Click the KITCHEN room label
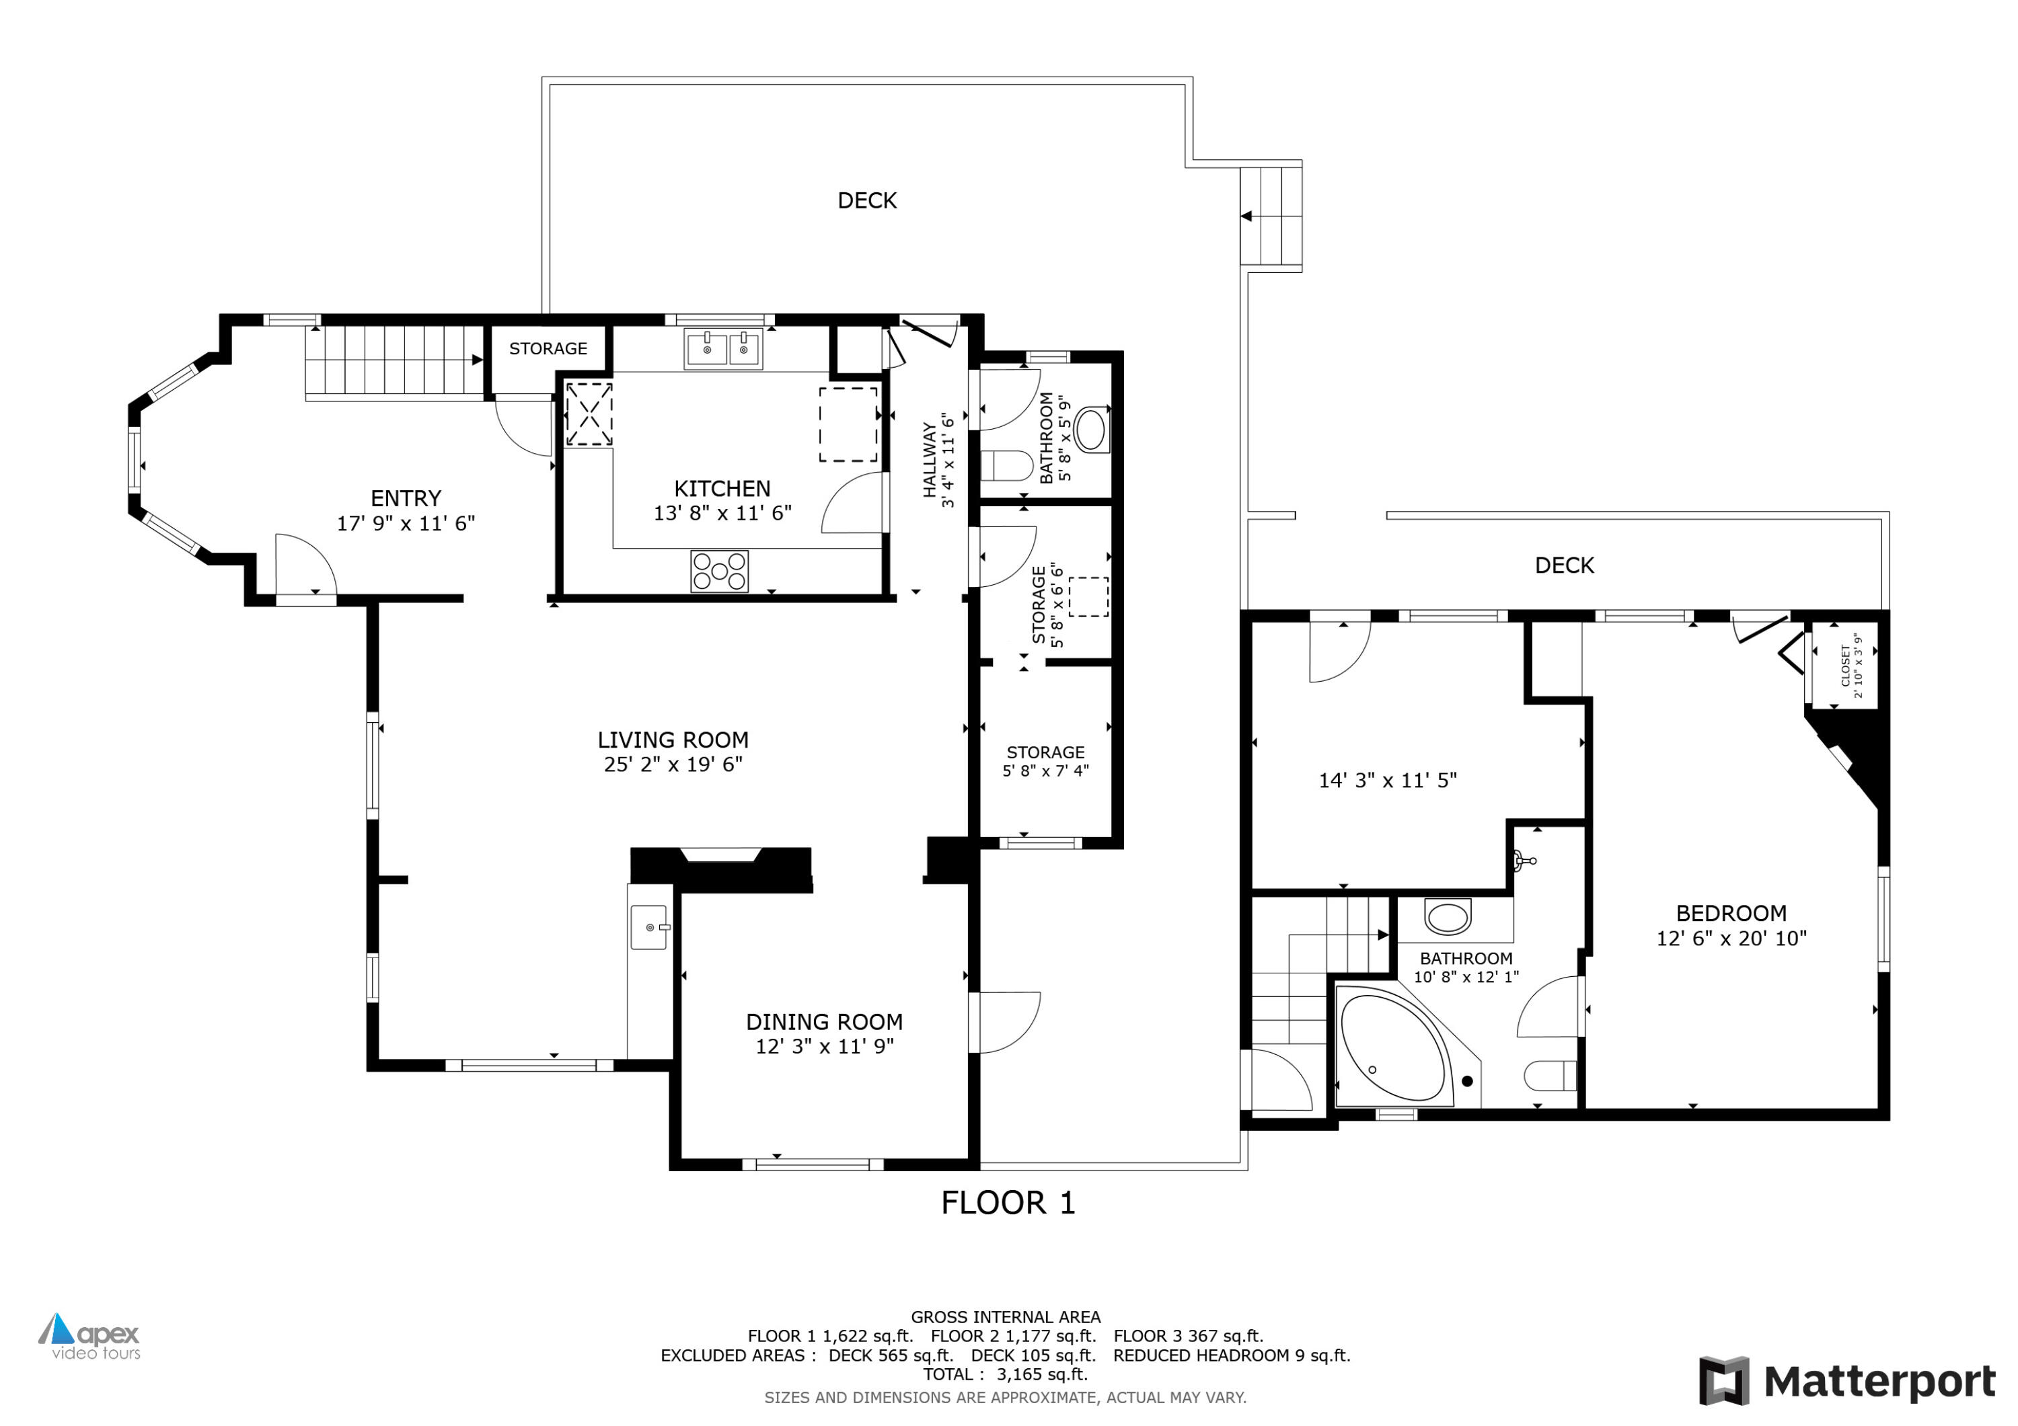pyautogui.click(x=722, y=489)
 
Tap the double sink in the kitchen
pyautogui.click(x=723, y=349)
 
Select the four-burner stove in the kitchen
pyautogui.click(x=719, y=571)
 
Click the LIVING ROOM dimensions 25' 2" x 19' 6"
pyautogui.click(x=673, y=764)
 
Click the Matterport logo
pyautogui.click(x=1846, y=1381)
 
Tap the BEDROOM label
pyautogui.click(x=1731, y=913)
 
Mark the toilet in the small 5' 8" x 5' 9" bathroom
pyautogui.click(x=1006, y=466)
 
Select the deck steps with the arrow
pyautogui.click(x=1271, y=215)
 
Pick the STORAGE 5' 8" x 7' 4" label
pyautogui.click(x=1045, y=761)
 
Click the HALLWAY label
pyautogui.click(x=929, y=459)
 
